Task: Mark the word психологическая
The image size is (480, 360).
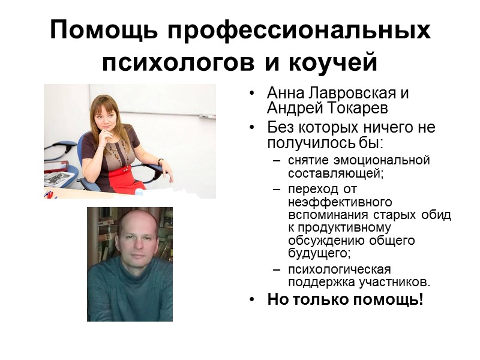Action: point(339,269)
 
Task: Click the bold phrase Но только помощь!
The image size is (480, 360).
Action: point(345,299)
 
